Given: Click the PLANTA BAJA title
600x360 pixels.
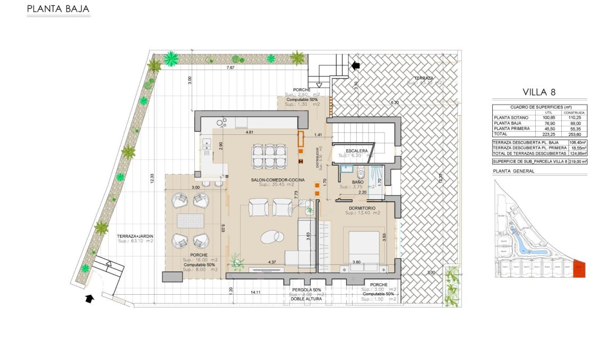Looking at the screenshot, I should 58,9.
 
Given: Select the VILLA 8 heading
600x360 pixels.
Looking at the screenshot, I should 539,91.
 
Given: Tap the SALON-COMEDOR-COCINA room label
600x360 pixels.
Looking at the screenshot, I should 278,180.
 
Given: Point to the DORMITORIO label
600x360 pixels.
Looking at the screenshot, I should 362,208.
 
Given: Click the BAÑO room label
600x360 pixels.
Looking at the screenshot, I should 357,182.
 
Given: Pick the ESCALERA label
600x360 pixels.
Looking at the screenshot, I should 356,150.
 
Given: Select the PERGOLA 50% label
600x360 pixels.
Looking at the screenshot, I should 306,289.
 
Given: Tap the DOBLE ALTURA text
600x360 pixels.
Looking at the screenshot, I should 306,299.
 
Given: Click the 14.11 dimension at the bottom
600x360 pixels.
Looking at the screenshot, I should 255,293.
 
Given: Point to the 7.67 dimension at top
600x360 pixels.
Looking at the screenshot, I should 230,68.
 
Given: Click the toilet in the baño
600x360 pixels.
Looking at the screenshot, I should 361,171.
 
